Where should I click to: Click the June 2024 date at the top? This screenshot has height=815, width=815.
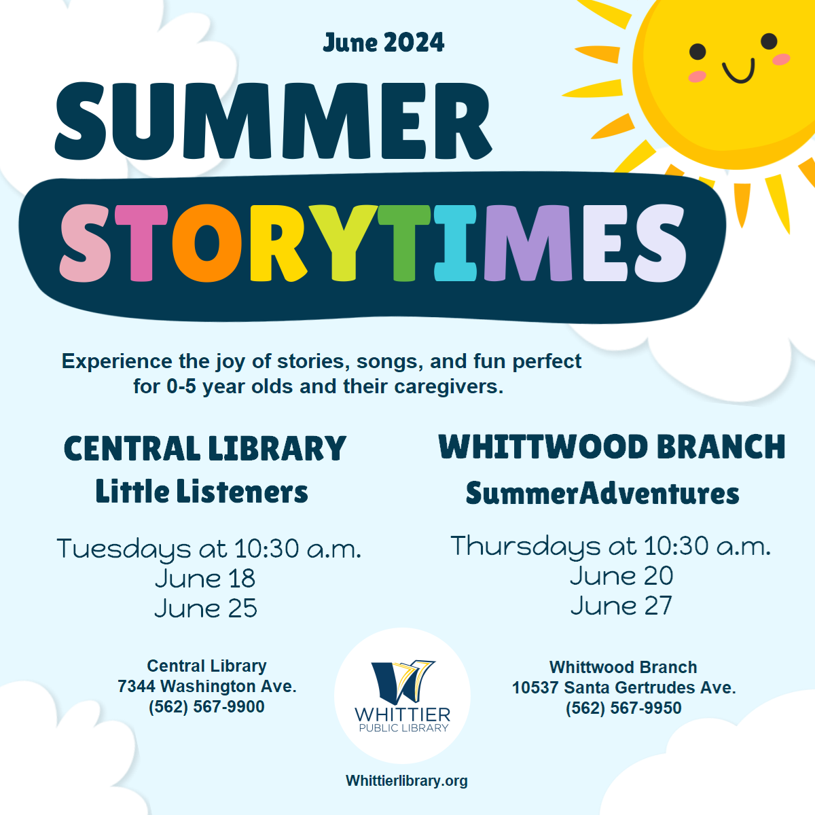(383, 43)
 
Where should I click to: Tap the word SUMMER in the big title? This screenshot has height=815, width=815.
(273, 122)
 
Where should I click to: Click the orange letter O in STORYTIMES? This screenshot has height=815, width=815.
(207, 243)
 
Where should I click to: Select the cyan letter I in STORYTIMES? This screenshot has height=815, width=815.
(455, 243)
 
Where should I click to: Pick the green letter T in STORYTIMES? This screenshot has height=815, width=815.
(404, 243)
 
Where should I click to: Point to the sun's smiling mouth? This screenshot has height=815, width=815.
(738, 71)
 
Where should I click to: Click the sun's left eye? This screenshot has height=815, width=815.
(698, 52)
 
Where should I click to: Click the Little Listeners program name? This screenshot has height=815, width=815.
(202, 491)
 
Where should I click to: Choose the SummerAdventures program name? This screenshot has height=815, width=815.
(602, 492)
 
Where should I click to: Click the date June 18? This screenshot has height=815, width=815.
(205, 578)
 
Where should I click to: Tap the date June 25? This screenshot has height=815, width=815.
(206, 608)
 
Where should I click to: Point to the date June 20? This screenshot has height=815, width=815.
(621, 576)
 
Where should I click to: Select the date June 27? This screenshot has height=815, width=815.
(621, 606)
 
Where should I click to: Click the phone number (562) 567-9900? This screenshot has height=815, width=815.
(206, 707)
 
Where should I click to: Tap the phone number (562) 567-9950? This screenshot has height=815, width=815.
(623, 708)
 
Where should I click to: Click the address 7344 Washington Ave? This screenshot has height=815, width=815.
(207, 686)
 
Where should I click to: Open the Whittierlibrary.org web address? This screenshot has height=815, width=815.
(406, 781)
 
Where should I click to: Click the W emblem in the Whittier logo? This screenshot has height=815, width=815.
(403, 682)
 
